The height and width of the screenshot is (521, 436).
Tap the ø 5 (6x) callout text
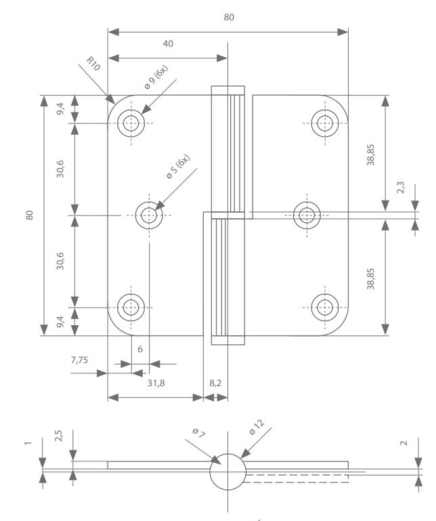[x=179, y=167]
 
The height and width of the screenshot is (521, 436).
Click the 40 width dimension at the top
[x=169, y=44]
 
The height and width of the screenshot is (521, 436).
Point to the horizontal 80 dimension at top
[x=229, y=18]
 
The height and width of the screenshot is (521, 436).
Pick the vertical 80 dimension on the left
[x=29, y=215]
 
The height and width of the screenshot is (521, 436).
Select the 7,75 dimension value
[x=79, y=360]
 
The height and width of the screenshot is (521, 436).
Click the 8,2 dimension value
[x=215, y=383]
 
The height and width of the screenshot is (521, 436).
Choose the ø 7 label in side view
[x=198, y=433]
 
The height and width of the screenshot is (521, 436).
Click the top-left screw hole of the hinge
[x=131, y=123]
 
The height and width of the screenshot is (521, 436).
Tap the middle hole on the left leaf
[x=150, y=215]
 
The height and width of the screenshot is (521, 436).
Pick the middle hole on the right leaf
[x=307, y=215]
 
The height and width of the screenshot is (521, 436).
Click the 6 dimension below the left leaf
[x=140, y=349]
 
